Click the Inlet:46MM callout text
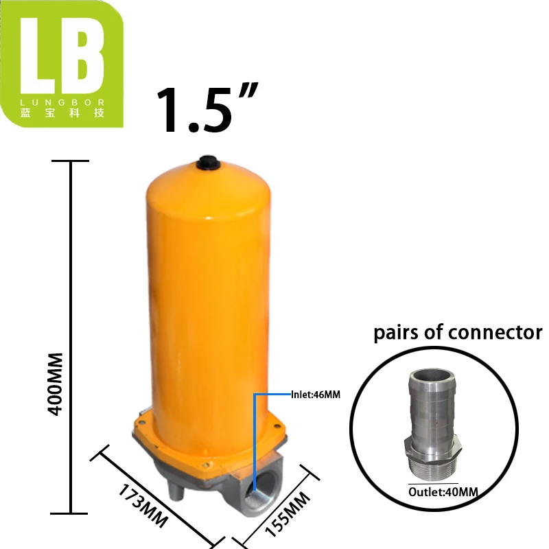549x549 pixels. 316,394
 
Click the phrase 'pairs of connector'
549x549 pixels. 458,334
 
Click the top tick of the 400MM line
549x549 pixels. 71,161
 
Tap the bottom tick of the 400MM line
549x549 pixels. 71,513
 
